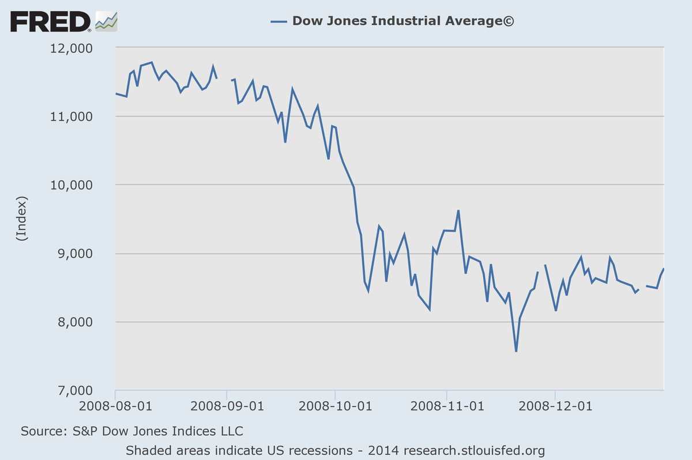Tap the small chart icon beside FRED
click(106, 21)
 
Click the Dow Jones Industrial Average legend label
click(403, 21)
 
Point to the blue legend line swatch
click(279, 21)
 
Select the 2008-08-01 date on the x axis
click(115, 406)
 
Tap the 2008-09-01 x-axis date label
click(227, 406)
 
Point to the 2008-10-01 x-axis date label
click(335, 406)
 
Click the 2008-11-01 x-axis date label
click(446, 406)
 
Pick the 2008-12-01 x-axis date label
click(555, 406)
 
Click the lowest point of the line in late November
click(516, 351)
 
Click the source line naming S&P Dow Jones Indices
click(131, 431)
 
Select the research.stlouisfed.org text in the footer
click(474, 450)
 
